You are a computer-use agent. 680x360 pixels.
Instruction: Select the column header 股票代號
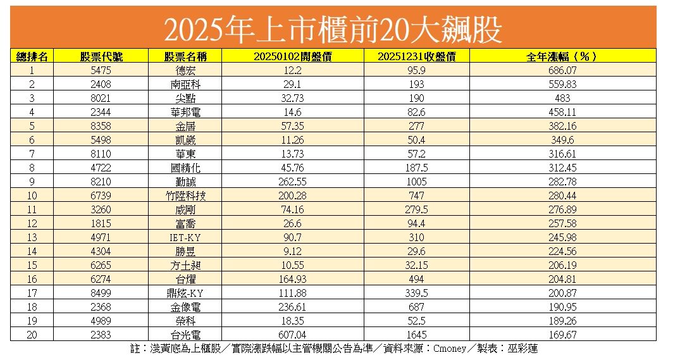pos(101,56)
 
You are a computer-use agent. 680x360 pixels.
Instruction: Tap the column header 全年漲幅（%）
pos(562,56)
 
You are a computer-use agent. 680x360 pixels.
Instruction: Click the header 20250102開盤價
pos(292,56)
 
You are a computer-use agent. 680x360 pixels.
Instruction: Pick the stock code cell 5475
pos(101,70)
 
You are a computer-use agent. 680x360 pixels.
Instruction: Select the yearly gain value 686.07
pos(562,70)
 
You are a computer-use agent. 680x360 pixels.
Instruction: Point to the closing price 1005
pos(416,182)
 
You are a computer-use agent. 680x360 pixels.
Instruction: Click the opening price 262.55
pos(292,182)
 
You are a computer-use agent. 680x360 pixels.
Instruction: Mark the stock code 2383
pos(101,335)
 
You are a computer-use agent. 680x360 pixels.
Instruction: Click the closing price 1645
pos(416,335)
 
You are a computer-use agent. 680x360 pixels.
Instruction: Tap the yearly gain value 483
pos(562,98)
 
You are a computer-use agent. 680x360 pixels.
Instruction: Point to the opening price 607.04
pos(292,335)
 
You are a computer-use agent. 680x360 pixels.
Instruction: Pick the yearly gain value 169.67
pos(562,335)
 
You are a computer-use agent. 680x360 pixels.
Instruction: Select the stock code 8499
pos(101,293)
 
